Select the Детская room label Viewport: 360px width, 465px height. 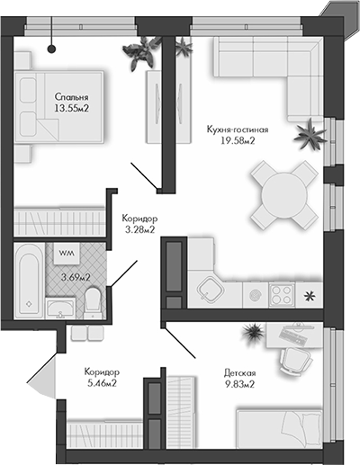[x=238, y=372]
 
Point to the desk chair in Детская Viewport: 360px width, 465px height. [x=293, y=360]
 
